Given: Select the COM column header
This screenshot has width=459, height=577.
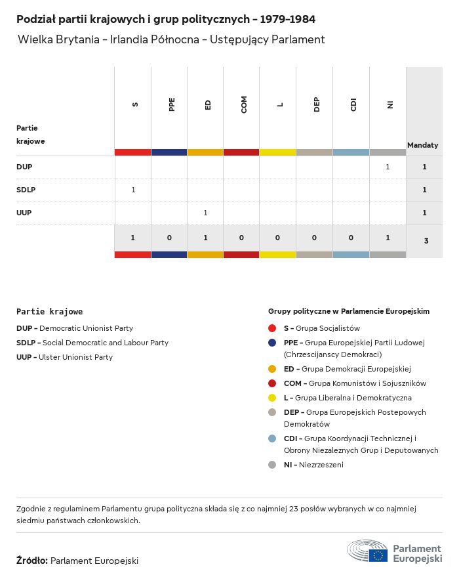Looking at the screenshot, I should point(244,104).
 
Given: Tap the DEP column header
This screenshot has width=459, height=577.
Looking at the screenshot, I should point(317,104).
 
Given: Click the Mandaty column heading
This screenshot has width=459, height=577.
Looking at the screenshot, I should point(423,144).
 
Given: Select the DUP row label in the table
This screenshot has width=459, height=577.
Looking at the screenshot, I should point(24,167).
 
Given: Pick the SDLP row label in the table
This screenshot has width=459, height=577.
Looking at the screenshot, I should point(26,190).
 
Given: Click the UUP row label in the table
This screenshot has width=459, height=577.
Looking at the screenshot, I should point(24,213).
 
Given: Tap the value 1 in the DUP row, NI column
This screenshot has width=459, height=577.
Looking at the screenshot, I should point(388,167).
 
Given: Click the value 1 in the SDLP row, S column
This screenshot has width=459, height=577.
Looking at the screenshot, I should point(133,190).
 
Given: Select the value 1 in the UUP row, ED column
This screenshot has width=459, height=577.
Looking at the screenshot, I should point(205,213).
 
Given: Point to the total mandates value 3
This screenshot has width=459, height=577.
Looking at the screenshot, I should point(426,241).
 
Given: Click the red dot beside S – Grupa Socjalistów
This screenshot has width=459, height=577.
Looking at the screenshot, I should point(272,328).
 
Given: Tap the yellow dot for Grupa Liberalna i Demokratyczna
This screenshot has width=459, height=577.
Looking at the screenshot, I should point(272,398).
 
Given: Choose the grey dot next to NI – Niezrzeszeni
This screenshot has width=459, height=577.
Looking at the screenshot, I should point(272,465).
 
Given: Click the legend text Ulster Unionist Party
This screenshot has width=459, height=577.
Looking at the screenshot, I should point(75,357).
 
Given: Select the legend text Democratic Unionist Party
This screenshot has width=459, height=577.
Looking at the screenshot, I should point(86,328).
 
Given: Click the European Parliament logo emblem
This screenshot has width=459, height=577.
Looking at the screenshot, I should point(368,551).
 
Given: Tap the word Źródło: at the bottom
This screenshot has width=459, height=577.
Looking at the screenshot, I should point(32,561).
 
